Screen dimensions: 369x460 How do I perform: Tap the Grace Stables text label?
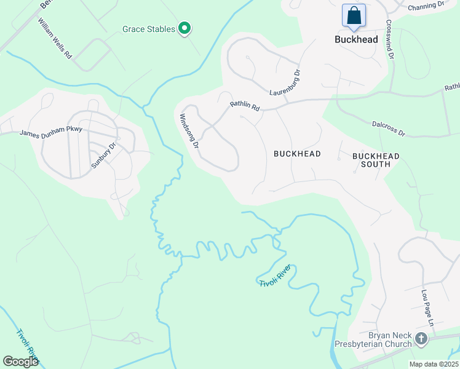pyautogui.click(x=149, y=29)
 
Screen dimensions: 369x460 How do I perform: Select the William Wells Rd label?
pyautogui.click(x=55, y=38)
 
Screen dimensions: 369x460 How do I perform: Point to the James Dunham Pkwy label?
pyautogui.click(x=50, y=132)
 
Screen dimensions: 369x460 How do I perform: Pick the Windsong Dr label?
pyautogui.click(x=189, y=132)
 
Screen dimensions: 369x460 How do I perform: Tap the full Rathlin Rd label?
pyautogui.click(x=245, y=106)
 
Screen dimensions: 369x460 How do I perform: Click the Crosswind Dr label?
pyautogui.click(x=389, y=39)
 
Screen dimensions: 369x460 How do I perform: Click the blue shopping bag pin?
pyautogui.click(x=354, y=16)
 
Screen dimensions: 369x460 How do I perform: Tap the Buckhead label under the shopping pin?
pyautogui.click(x=356, y=38)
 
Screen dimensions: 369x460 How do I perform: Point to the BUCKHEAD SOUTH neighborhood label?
pyautogui.click(x=376, y=161)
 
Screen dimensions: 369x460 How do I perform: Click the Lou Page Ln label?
pyautogui.click(x=427, y=308)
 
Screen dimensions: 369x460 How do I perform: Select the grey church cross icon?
pyautogui.click(x=421, y=338)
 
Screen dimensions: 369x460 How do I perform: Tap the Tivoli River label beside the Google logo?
pyautogui.click(x=28, y=344)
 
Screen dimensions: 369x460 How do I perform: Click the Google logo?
pyautogui.click(x=22, y=362)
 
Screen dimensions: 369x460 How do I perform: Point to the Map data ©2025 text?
pyautogui.click(x=433, y=364)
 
